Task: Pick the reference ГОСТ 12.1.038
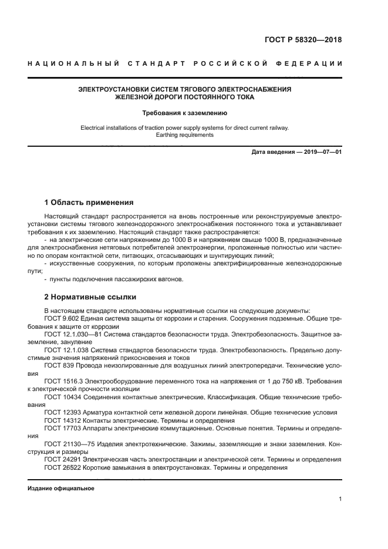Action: tap(63, 350)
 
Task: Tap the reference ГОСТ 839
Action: tap(57, 365)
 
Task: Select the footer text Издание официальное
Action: tap(61, 489)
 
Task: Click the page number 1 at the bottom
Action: tap(340, 499)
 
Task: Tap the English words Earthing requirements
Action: tap(185, 134)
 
